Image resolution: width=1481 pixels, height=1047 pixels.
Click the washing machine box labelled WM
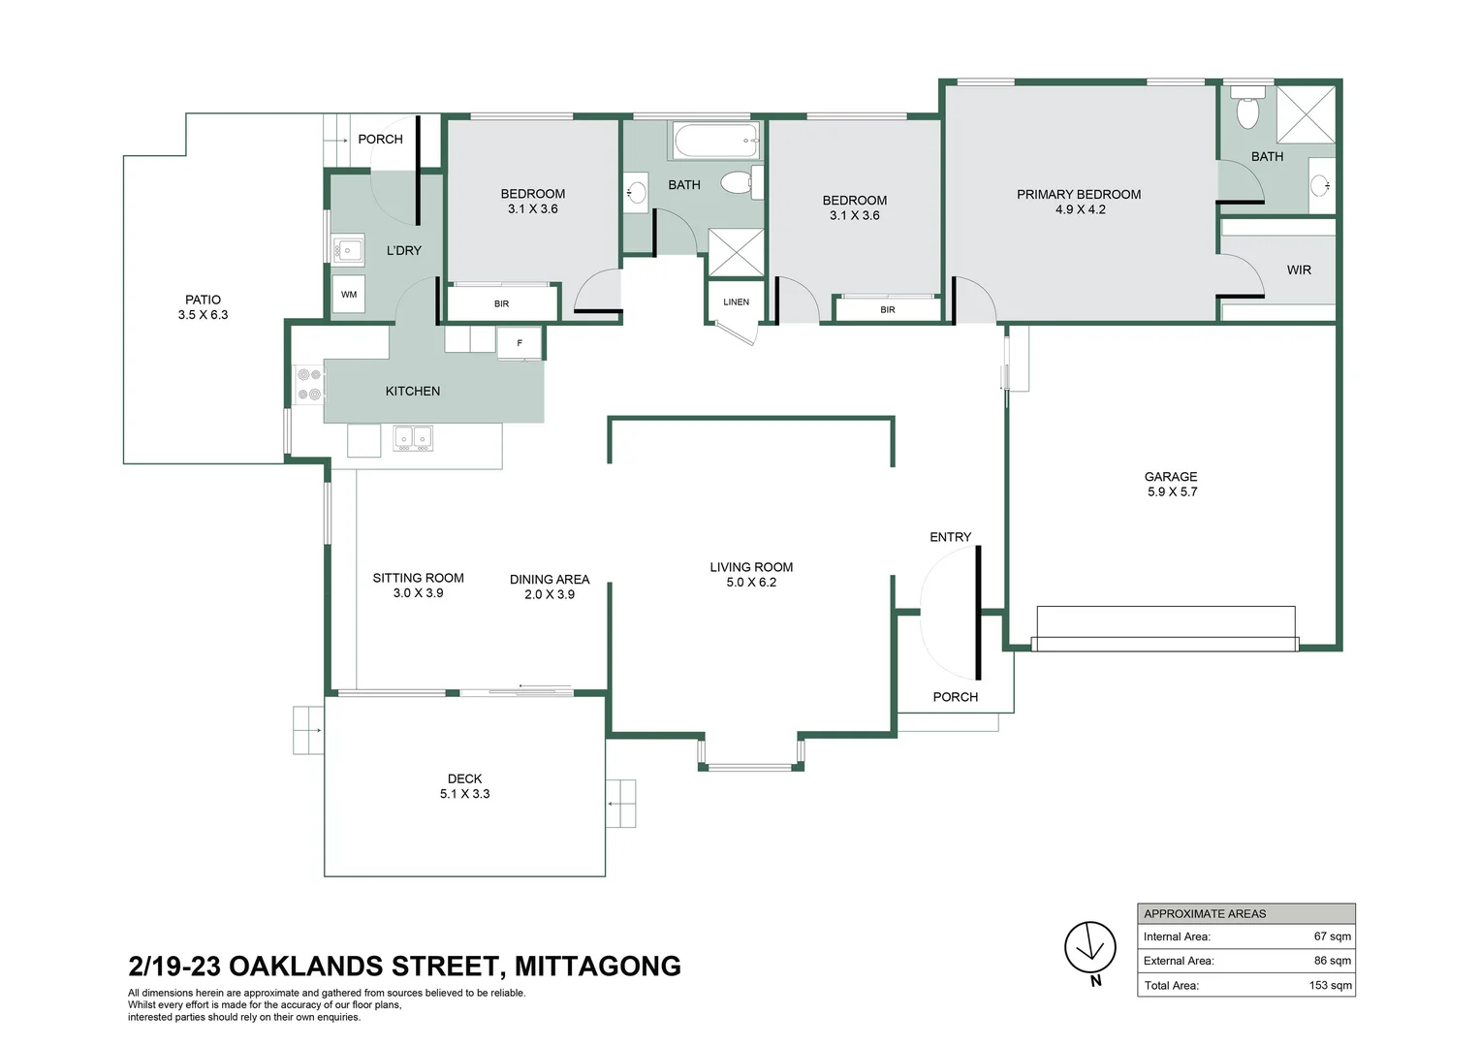click(349, 295)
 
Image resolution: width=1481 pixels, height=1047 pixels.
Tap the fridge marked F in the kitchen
click(520, 343)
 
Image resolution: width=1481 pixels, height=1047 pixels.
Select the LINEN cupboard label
click(736, 302)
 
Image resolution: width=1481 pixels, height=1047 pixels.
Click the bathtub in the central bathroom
click(715, 142)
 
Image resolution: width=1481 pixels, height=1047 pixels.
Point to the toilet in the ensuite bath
click(1247, 110)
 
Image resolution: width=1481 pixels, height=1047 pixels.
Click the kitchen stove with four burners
click(309, 384)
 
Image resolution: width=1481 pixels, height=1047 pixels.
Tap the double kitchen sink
click(413, 438)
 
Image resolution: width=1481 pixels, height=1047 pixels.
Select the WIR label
click(1299, 270)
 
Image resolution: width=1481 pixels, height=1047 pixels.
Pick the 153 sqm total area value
click(1330, 985)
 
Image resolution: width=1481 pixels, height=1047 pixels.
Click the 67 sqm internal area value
click(1332, 936)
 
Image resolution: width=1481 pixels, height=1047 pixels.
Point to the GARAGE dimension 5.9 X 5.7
click(1172, 492)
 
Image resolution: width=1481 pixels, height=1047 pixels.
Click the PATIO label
click(203, 300)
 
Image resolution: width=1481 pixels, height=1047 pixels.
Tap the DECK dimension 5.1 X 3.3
click(464, 794)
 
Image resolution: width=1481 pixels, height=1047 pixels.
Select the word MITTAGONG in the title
click(597, 967)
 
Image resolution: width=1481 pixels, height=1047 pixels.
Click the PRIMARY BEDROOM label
click(1078, 195)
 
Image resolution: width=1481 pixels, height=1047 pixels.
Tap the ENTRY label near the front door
click(950, 537)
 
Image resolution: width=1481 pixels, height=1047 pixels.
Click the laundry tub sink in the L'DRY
click(347, 250)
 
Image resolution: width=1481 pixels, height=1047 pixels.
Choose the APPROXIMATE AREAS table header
click(1205, 913)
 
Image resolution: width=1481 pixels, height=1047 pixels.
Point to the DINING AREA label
click(549, 580)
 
